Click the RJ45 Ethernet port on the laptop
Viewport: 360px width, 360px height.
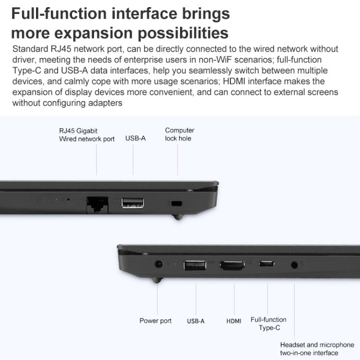pos(97,204)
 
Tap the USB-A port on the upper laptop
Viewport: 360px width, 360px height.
pos(132,203)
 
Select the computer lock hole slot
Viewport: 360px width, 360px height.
pos(177,204)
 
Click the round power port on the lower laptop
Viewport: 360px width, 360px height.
pos(158,264)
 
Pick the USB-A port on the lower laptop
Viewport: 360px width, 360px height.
pos(195,265)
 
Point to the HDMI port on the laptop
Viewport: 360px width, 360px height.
pos(232,265)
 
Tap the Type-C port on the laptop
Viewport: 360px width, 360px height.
pos(266,264)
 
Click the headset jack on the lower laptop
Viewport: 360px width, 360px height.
pos(294,265)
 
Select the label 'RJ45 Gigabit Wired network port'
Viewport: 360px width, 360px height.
pos(87,135)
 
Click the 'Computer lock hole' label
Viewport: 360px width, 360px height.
pos(180,134)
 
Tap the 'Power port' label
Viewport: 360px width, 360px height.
pos(156,321)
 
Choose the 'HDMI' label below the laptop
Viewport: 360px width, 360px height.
pos(234,321)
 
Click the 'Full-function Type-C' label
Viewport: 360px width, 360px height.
pos(269,324)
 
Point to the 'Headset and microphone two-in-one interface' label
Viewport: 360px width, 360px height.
pos(317,348)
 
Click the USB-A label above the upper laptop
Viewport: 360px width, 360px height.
pos(135,138)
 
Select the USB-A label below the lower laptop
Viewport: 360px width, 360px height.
pos(196,321)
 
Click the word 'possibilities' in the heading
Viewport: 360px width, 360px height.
pos(183,33)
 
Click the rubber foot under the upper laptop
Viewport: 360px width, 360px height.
pos(178,217)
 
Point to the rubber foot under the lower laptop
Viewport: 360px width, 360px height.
pos(157,280)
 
